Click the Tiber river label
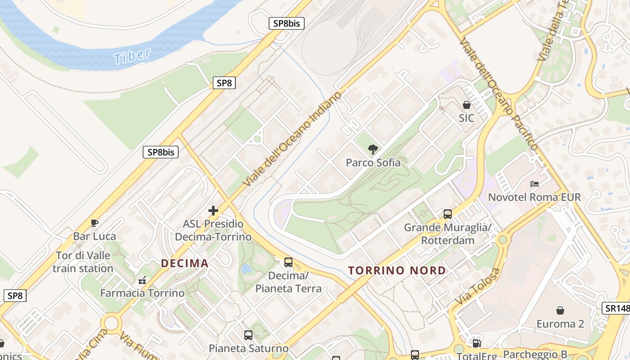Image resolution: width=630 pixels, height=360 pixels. (132, 56)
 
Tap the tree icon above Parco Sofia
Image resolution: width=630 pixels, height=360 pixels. (373, 149)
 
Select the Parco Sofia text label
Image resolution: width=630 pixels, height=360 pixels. (373, 162)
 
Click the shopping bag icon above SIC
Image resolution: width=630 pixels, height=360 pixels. (467, 105)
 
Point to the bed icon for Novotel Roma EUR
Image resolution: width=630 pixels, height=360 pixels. (534, 184)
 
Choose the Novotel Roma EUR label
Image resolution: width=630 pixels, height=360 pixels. (534, 197)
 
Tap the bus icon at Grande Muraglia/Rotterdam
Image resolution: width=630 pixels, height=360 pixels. (447, 214)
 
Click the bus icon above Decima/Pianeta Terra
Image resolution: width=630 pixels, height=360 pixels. (288, 262)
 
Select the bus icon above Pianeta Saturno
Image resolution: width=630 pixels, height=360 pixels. (248, 335)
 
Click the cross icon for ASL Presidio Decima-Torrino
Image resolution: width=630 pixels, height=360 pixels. (213, 210)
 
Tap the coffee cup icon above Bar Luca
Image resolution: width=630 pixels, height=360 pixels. (94, 223)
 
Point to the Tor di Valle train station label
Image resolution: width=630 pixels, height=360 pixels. (83, 262)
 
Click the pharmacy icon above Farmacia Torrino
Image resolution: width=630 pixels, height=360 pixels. (142, 280)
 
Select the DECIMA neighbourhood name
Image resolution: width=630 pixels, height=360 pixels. (184, 263)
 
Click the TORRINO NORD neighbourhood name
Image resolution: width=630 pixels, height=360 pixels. (397, 270)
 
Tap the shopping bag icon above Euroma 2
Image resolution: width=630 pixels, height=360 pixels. (560, 310)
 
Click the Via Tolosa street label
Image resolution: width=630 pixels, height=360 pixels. (478, 286)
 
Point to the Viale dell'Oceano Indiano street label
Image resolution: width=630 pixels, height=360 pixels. (292, 139)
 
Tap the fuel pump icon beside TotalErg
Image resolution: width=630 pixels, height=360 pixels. (477, 343)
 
